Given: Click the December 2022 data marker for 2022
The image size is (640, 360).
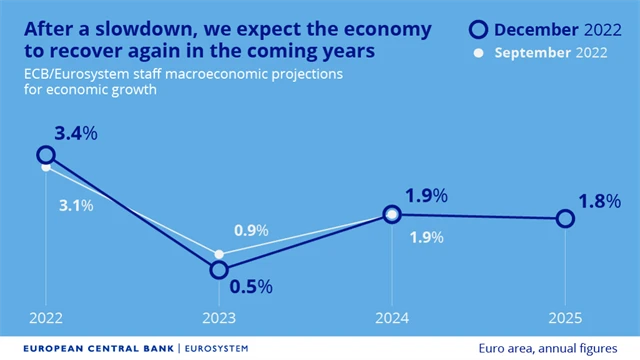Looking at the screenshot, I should [45, 154].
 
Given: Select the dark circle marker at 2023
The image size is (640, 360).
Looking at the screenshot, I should [219, 270].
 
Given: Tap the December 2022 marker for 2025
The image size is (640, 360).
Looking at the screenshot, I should [565, 218].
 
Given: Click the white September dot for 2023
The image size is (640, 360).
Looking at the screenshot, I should [219, 254].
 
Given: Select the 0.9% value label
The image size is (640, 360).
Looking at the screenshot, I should [250, 231].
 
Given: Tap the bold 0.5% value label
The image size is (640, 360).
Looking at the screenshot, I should [251, 286].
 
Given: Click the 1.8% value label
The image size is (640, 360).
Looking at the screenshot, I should [599, 201].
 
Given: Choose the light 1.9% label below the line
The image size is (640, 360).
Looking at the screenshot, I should [428, 237].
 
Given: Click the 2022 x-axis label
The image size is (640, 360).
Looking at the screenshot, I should [45, 318].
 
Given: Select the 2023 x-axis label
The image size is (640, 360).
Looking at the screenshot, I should [219, 318].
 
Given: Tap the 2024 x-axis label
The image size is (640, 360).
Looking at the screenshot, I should [392, 318].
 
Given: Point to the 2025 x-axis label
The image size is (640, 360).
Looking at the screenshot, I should [565, 318].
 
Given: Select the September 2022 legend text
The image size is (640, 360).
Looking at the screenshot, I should [553, 52].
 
